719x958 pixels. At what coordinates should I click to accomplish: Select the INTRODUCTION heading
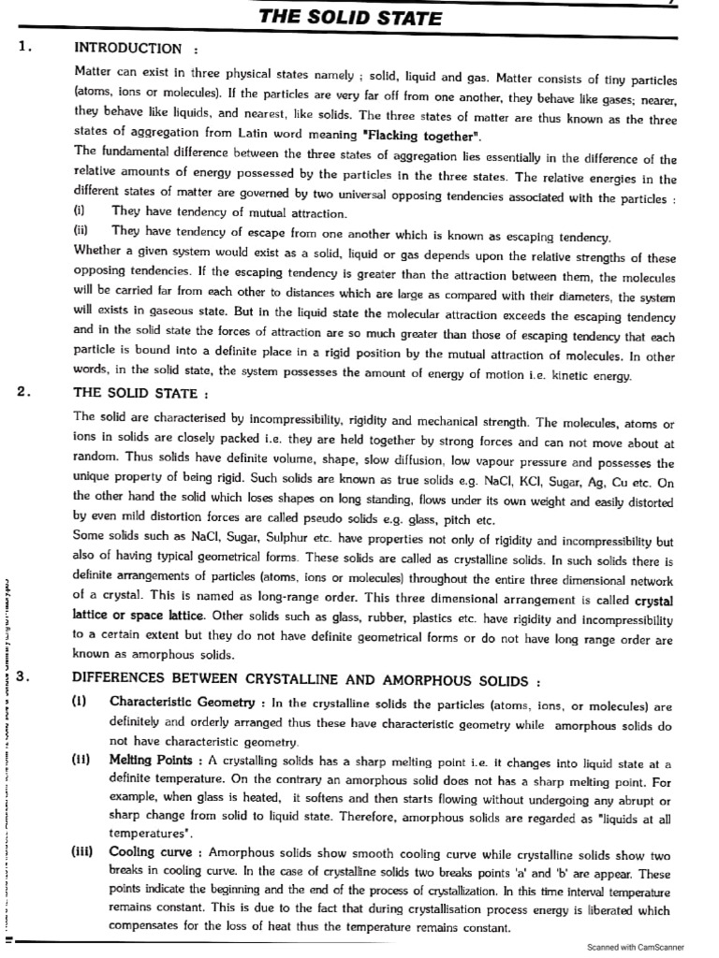[x=127, y=48]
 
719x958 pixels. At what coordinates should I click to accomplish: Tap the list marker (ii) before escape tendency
[x=81, y=230]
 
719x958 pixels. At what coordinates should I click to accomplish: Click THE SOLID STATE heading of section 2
[x=140, y=393]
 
